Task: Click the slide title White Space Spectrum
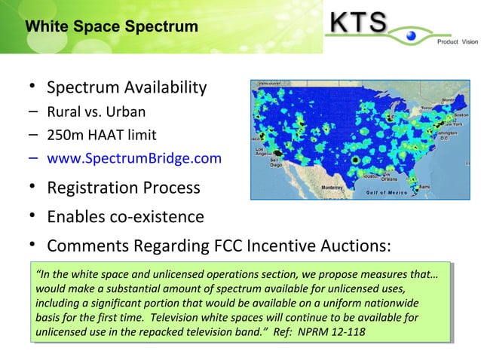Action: pyautogui.click(x=112, y=27)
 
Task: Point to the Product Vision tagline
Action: pyautogui.click(x=458, y=42)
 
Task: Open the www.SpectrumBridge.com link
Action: pyautogui.click(x=134, y=158)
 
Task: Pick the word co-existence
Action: pyautogui.click(x=155, y=218)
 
